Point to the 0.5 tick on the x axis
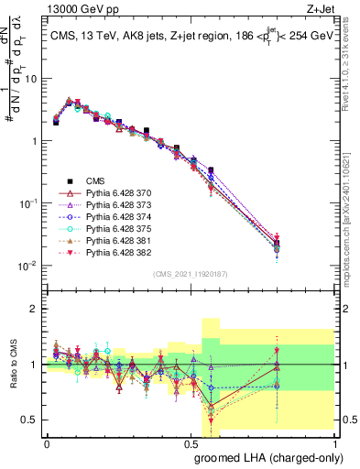(x=192, y=442)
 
